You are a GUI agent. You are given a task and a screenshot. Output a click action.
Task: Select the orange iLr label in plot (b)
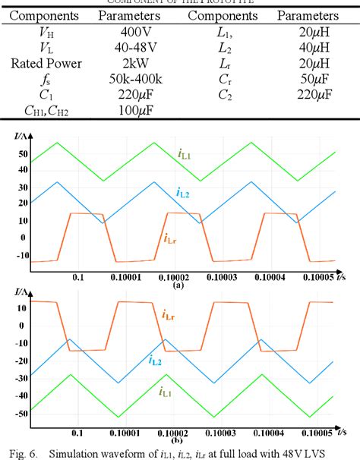click(x=169, y=313)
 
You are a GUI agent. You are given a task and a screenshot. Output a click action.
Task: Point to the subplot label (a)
click(x=179, y=286)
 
